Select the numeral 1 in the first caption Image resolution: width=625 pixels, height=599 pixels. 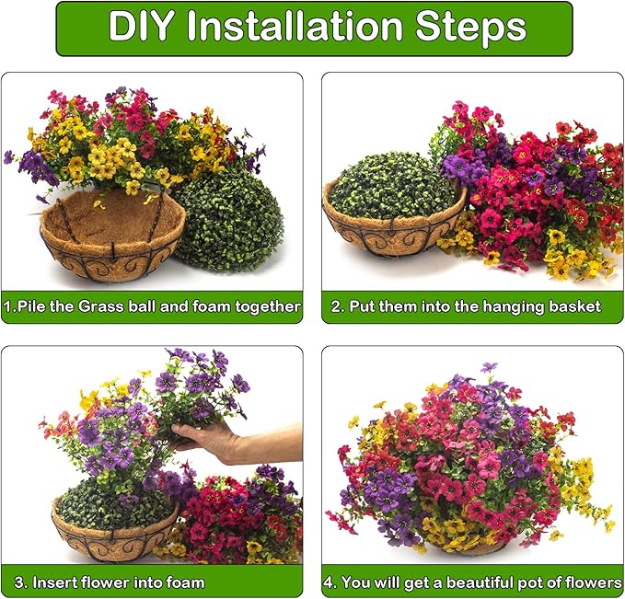point(7,306)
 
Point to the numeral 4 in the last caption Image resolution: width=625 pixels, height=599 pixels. point(329,582)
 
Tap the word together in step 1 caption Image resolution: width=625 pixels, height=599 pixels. point(262,306)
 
